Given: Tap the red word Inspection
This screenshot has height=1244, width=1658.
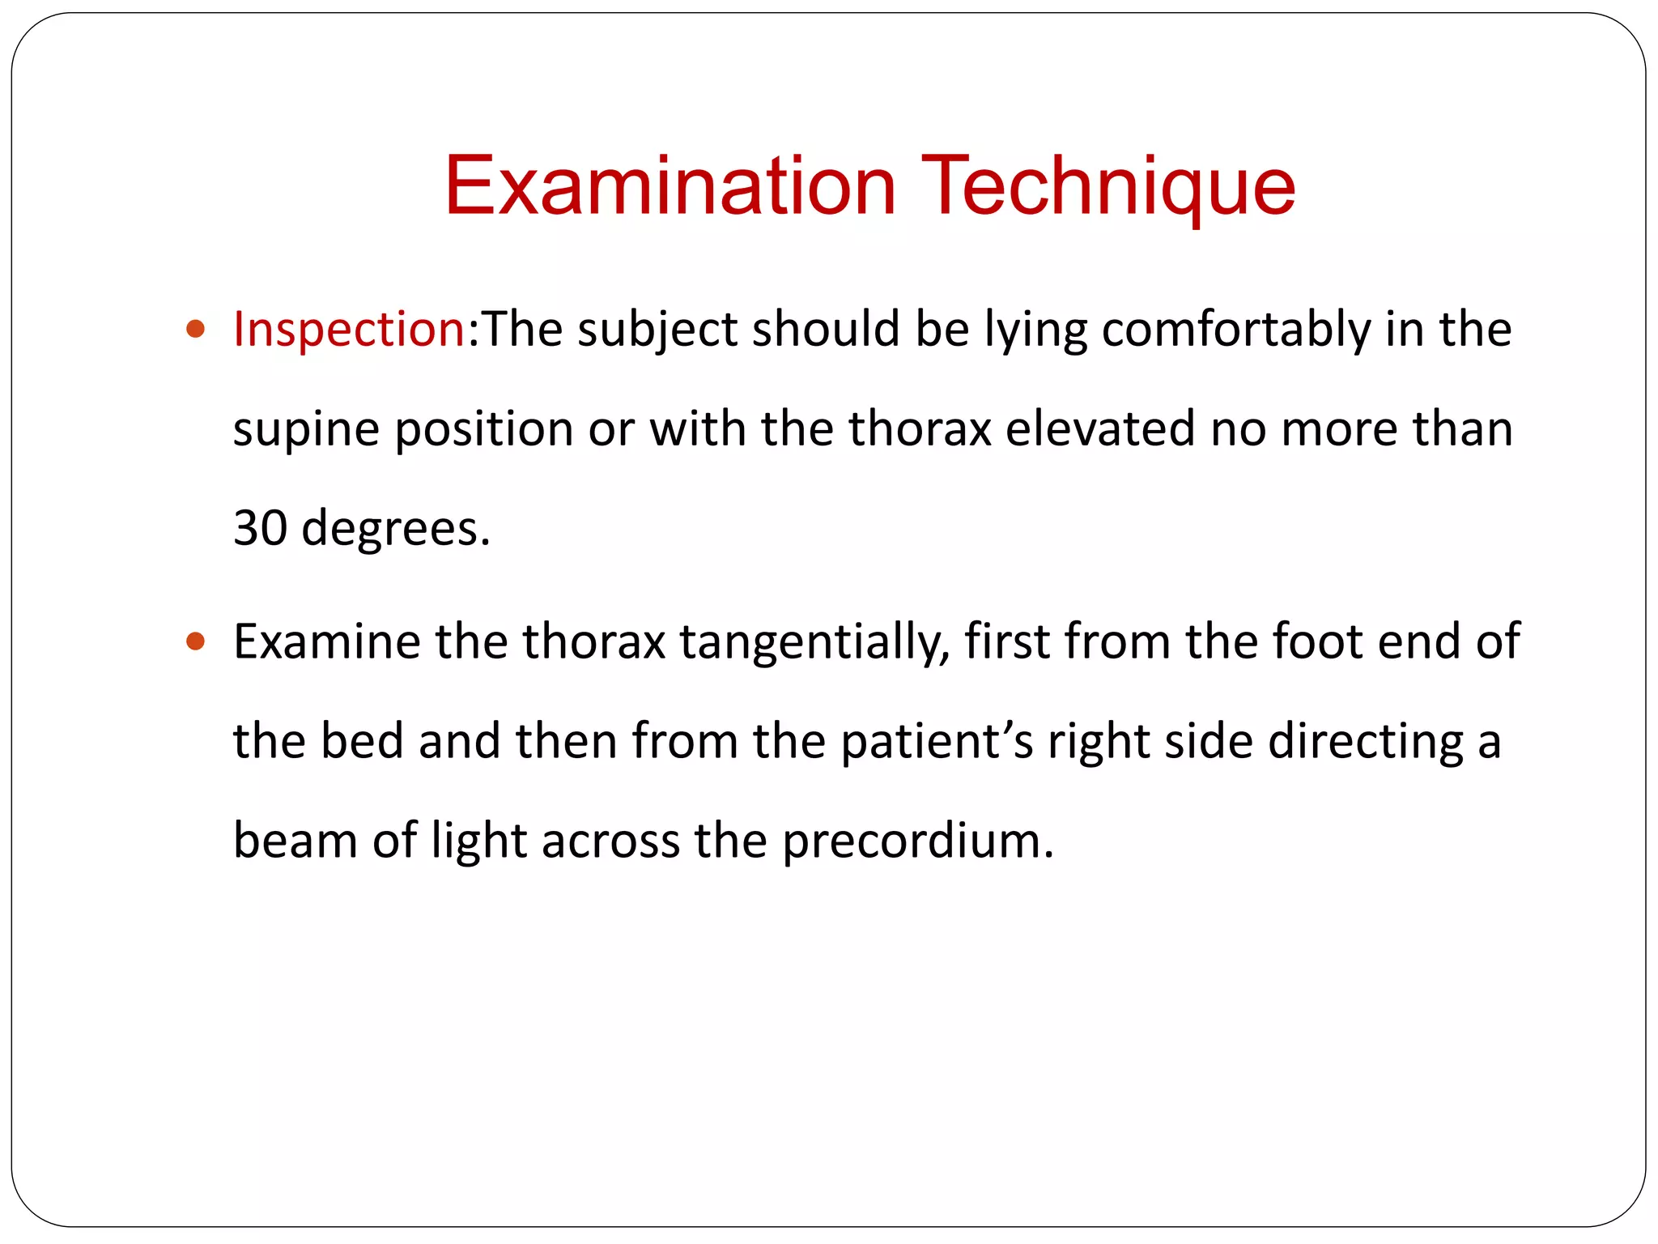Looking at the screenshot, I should click(348, 330).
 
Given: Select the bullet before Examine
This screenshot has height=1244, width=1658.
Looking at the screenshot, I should click(195, 641).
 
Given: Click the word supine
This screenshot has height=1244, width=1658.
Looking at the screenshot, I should click(306, 431).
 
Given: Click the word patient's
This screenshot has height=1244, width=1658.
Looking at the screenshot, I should click(937, 743).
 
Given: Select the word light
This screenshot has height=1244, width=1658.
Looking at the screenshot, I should click(479, 842).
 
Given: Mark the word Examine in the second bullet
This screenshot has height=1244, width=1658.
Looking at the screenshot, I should click(327, 641).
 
